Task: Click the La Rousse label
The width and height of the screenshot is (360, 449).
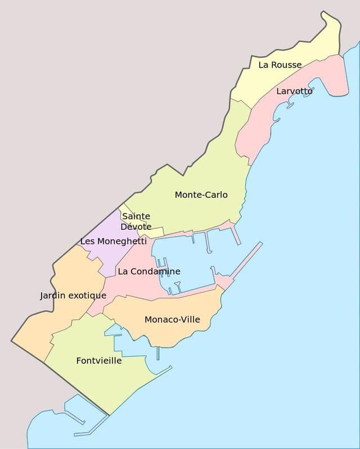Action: (280, 65)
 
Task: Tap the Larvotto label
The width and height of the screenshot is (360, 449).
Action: (294, 91)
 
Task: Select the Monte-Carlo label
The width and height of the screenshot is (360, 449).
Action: (201, 194)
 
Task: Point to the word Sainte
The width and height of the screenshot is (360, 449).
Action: (136, 216)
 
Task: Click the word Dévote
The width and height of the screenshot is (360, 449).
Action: (136, 226)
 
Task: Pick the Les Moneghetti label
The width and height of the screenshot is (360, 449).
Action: (113, 241)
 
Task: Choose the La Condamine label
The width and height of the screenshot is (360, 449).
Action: (149, 271)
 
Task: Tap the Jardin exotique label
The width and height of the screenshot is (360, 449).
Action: (73, 295)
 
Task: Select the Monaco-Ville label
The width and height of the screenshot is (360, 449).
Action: (172, 319)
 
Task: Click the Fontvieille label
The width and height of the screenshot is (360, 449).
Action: (99, 361)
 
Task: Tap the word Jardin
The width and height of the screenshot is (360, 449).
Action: (52, 295)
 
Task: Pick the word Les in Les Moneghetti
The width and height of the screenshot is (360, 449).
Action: (87, 241)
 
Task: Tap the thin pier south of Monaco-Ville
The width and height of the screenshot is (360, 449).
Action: (158, 353)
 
